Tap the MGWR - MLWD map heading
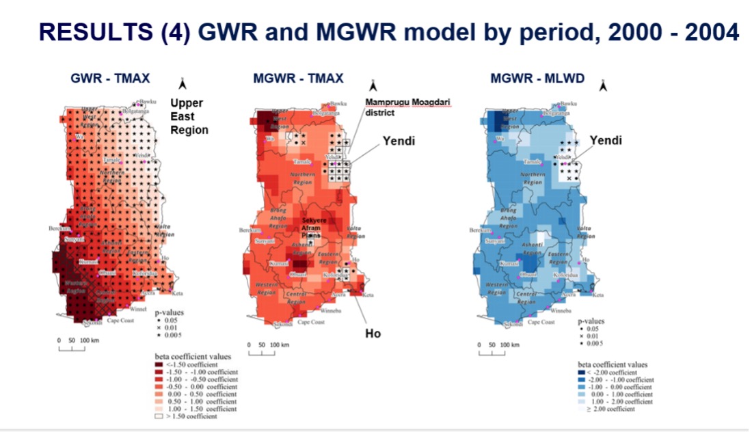click(537, 79)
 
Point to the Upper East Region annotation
click(189, 116)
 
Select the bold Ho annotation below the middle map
click(372, 334)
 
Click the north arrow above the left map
click(183, 84)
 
